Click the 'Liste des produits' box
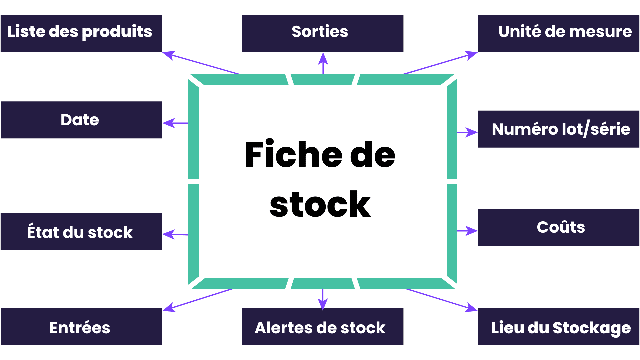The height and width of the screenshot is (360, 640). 81,34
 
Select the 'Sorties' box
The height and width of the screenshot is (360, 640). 323,34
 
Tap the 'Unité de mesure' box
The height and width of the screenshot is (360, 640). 559,34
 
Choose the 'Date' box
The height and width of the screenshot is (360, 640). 82,120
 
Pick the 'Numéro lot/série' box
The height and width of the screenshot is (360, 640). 559,129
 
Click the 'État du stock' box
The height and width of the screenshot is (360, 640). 81,232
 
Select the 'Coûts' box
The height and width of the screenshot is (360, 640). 559,228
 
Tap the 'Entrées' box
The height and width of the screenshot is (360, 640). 82,326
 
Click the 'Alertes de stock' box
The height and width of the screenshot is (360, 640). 323,326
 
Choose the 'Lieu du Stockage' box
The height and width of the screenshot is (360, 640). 559,326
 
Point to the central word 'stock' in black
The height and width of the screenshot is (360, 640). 320,204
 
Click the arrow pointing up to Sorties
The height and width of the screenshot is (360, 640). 323,63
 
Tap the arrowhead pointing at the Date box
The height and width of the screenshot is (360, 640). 169,123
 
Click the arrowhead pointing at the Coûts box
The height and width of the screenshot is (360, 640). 472,231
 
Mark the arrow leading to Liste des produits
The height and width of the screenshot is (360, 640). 202,63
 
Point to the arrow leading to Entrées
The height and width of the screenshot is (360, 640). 198,300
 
